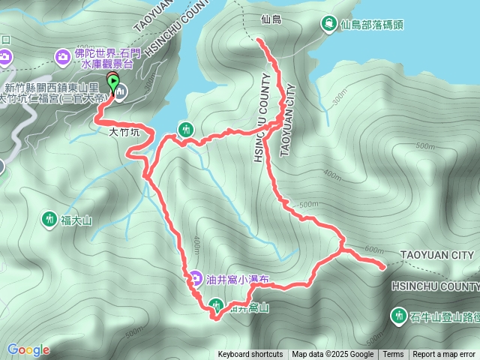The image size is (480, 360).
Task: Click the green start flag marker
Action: tap(113, 82)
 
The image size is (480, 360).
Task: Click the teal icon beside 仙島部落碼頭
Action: tap(328, 24)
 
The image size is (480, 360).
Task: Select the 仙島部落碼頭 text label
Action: tap(373, 25)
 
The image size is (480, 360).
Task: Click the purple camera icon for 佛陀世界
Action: tap(63, 55)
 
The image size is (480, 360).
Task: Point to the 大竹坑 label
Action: tap(124, 132)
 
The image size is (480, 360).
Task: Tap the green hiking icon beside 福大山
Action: tap(49, 219)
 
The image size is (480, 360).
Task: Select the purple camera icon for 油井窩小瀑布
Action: tap(194, 279)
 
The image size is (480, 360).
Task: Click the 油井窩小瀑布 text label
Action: tap(237, 280)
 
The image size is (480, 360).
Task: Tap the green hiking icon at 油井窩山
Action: tap(216, 304)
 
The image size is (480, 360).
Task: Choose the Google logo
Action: tap(28, 349)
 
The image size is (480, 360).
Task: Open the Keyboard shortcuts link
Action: tap(250, 355)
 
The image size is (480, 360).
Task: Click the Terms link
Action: tap(393, 355)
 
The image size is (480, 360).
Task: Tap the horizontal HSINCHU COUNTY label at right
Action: tap(435, 286)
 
